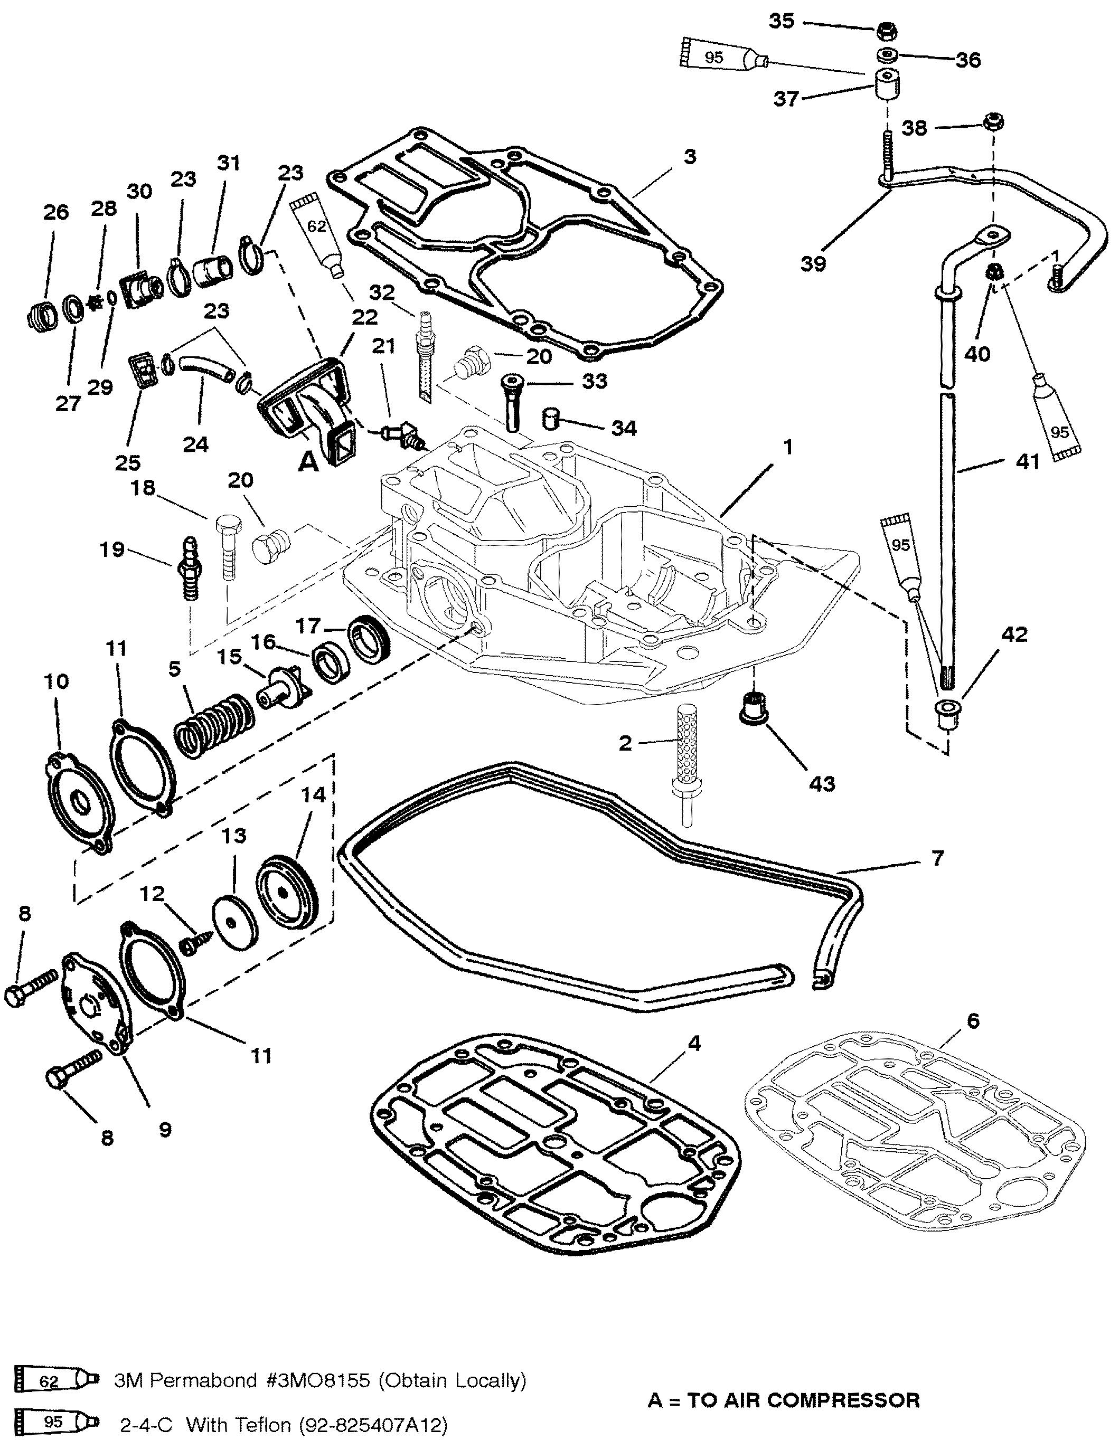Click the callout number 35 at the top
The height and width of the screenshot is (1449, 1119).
click(x=781, y=21)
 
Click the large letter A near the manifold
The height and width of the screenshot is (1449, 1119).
click(x=308, y=462)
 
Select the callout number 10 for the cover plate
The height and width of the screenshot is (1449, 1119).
click(x=57, y=681)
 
